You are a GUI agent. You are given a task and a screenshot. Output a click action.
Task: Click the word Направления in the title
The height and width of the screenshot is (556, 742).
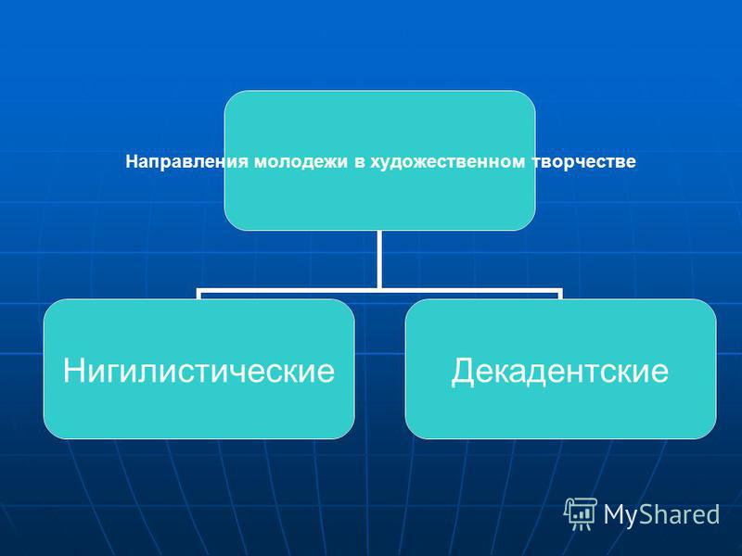(x=187, y=162)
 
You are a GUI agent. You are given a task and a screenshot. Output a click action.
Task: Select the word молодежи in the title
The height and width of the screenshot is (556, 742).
(x=301, y=162)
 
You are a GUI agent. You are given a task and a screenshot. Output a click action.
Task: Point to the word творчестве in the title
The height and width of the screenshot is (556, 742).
(x=583, y=162)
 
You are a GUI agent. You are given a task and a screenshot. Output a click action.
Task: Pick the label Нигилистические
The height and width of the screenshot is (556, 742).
(x=198, y=370)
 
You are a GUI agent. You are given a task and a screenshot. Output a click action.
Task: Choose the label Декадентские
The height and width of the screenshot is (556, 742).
(x=560, y=372)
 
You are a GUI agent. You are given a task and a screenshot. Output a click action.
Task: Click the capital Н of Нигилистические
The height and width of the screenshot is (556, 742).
(x=75, y=370)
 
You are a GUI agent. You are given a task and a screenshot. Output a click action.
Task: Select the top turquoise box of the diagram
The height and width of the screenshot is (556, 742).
(x=379, y=160)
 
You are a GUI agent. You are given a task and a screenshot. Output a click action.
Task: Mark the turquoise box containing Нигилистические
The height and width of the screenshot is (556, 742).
(x=198, y=369)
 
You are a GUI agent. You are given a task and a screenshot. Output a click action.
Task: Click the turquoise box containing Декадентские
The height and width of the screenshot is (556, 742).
(x=561, y=369)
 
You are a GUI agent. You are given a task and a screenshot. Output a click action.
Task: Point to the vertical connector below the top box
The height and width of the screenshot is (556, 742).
(x=379, y=259)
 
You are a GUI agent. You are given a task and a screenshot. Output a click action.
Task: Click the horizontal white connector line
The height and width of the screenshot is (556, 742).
(x=379, y=290)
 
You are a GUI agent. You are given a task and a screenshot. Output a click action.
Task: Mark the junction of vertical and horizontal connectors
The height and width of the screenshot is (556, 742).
(x=379, y=290)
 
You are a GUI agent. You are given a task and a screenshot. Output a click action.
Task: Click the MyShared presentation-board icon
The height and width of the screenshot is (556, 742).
(x=581, y=513)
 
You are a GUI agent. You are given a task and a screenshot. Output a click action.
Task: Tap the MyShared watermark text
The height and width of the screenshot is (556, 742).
(x=661, y=514)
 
